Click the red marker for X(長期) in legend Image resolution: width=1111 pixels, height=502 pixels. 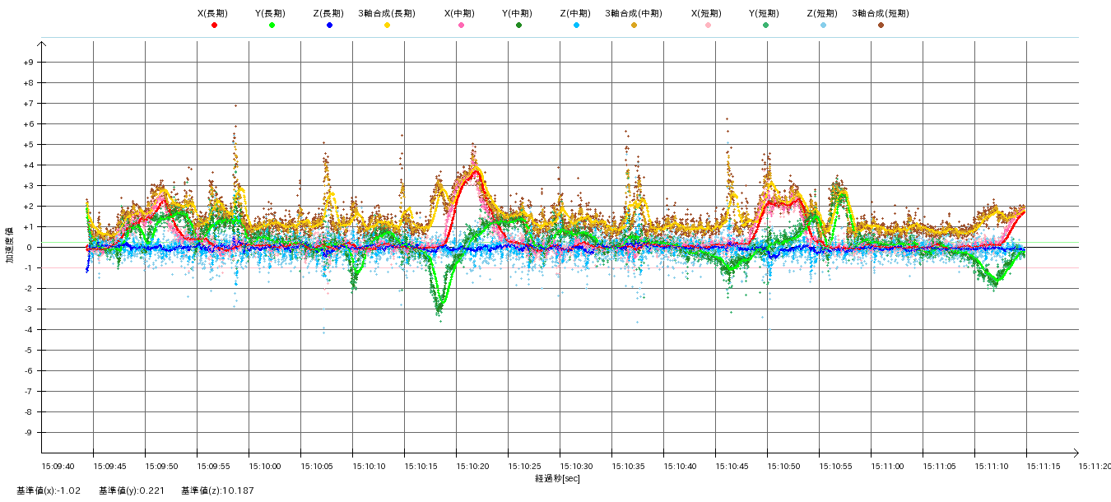[x=214, y=26]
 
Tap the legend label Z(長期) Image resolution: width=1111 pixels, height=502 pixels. [x=328, y=14]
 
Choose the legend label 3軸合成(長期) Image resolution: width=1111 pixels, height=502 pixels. [x=386, y=14]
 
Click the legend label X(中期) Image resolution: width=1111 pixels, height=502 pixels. [x=460, y=14]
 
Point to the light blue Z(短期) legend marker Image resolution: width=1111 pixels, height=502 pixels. [x=823, y=26]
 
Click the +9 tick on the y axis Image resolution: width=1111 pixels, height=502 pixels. [x=29, y=63]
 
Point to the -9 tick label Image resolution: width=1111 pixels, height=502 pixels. [x=29, y=433]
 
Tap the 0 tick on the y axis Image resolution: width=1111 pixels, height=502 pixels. [x=29, y=248]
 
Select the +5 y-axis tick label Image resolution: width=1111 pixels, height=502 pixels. [x=29, y=145]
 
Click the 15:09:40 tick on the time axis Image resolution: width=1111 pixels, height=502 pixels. [x=58, y=466]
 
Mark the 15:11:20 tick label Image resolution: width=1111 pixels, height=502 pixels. [x=1095, y=466]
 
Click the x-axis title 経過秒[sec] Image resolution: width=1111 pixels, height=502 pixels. [x=557, y=478]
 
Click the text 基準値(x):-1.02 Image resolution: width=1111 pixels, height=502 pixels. [x=49, y=491]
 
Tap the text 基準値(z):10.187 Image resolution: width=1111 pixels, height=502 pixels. [x=218, y=491]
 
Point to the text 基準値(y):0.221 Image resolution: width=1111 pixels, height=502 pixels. [x=132, y=491]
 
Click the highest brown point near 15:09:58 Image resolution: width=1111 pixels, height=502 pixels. [x=235, y=105]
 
